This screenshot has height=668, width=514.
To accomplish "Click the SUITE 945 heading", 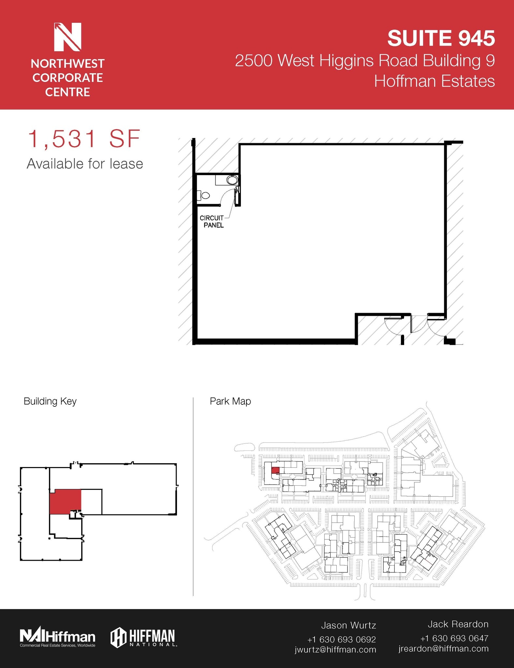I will click(441, 38).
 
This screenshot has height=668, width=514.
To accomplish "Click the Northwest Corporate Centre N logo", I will click(67, 37).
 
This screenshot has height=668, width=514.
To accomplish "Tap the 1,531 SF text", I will click(84, 139).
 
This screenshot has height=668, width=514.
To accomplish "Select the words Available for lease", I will click(85, 164).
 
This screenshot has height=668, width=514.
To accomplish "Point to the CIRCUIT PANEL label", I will click(212, 221).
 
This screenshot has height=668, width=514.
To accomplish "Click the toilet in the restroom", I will click(204, 196).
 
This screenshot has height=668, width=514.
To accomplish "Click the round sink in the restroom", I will click(232, 180).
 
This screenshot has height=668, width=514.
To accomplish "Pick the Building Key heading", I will click(50, 401).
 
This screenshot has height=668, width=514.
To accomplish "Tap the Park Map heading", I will click(230, 401).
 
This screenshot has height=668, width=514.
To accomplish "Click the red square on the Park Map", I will click(275, 470).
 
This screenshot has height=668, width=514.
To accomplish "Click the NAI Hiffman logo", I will click(57, 637).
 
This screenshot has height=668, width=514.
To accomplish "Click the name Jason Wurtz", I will click(348, 625).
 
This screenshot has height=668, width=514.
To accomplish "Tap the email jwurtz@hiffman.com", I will click(335, 649).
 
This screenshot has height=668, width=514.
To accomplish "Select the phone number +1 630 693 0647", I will click(454, 638).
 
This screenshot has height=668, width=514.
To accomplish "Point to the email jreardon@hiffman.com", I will click(443, 648).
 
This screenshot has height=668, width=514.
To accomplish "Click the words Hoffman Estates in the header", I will click(434, 81).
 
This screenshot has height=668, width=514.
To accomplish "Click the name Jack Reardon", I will click(458, 624).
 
